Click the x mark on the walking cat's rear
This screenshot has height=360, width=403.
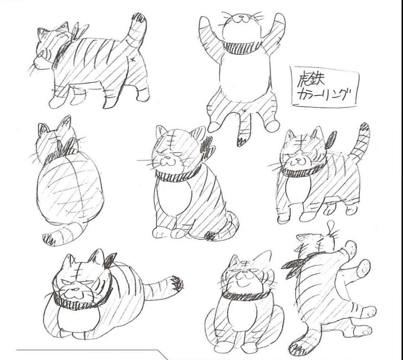coord(133,60)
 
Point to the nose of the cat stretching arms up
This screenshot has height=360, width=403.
coord(241,17)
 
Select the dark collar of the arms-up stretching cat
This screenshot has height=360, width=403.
coord(241,47)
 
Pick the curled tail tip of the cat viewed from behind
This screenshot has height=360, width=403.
coord(48,239)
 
